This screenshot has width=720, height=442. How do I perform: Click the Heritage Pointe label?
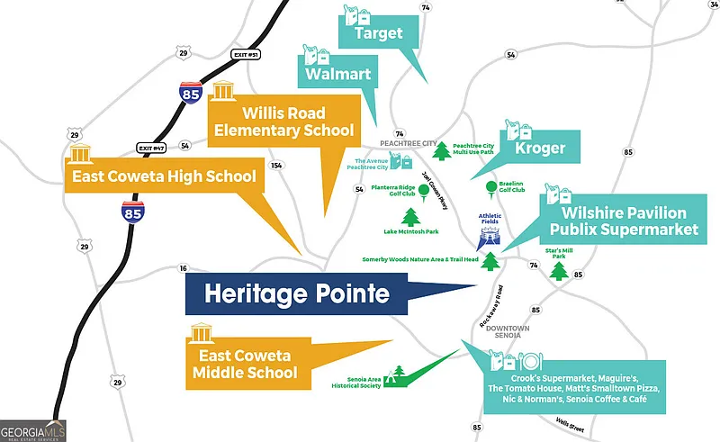(295, 294)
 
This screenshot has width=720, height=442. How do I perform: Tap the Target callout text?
(378, 33)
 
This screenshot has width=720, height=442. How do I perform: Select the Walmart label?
(337, 73)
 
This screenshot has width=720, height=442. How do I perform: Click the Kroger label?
(540, 147)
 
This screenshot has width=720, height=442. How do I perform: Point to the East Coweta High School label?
(164, 176)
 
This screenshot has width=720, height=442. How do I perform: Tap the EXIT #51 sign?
(246, 55)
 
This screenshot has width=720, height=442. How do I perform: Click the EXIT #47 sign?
(152, 148)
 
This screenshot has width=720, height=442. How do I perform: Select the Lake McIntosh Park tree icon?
(411, 217)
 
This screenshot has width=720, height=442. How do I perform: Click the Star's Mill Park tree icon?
(560, 270)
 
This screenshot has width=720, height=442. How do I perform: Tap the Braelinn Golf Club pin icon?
(490, 188)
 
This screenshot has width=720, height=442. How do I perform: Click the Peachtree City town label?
(407, 143)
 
